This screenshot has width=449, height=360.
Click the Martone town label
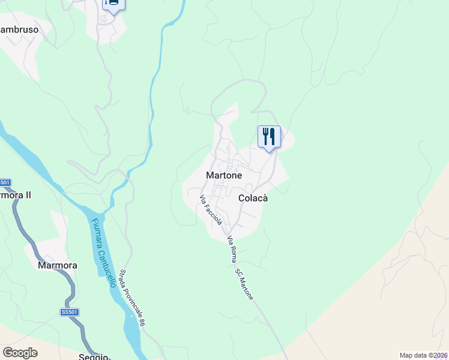(x=224, y=176)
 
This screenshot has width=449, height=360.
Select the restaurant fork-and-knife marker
(x=268, y=137)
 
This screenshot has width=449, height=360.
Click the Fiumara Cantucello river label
(x=103, y=252)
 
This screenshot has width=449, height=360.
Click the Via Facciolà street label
(x=211, y=210)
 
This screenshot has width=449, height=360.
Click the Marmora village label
(x=58, y=265)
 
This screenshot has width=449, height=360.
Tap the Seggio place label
(x=93, y=356)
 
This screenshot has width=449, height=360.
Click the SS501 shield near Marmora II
(x=5, y=182)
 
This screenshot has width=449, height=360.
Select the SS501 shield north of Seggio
(x=70, y=312)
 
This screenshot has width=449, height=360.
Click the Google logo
(x=20, y=352)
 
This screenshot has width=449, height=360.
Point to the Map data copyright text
(x=423, y=355)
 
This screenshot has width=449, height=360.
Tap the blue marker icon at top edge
(x=112, y=4)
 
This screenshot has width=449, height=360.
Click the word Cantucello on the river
(x=106, y=263)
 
